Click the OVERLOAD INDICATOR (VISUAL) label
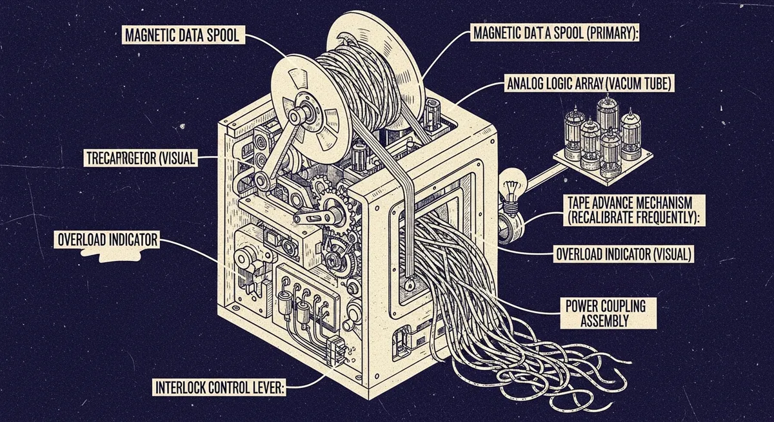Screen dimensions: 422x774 pos(624,254)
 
